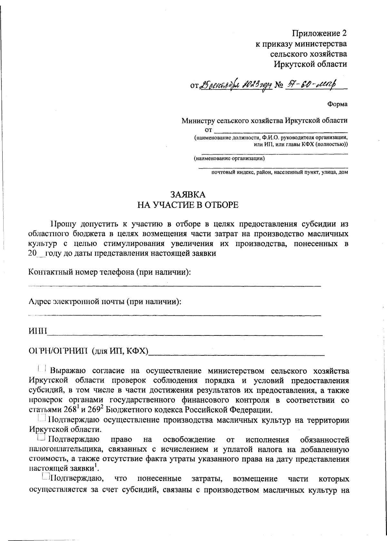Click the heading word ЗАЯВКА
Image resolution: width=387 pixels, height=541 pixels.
(187, 194)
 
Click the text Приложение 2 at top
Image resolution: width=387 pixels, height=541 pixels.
(319, 33)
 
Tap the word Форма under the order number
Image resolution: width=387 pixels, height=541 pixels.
(337, 104)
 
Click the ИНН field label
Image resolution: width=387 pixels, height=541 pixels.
(37, 331)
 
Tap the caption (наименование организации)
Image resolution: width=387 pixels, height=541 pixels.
(229, 159)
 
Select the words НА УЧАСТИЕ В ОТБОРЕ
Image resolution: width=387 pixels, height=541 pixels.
(188, 205)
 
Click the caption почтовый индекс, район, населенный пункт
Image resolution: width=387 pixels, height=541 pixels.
(279, 172)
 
